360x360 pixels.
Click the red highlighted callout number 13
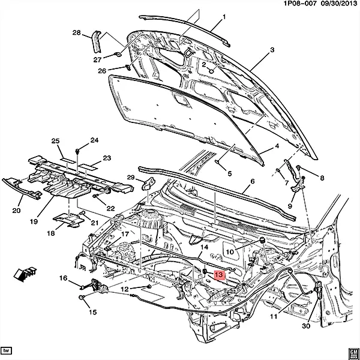219,275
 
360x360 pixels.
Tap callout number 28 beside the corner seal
77,32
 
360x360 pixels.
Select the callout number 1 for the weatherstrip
224,17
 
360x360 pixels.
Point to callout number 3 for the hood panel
272,50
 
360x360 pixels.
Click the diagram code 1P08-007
300,4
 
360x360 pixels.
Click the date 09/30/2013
338,4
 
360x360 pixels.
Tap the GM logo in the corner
353,353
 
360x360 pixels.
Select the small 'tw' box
6,351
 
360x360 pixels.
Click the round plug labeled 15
81,298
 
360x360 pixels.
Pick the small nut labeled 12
149,286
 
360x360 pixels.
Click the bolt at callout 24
77,151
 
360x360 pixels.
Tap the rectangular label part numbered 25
67,160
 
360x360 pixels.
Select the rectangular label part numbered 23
88,167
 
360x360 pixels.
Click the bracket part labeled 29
148,184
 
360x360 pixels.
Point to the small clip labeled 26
128,67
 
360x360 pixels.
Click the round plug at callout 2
212,71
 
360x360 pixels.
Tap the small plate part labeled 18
68,220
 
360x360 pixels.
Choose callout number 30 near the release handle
306,326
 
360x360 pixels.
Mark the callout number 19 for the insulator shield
34,221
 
